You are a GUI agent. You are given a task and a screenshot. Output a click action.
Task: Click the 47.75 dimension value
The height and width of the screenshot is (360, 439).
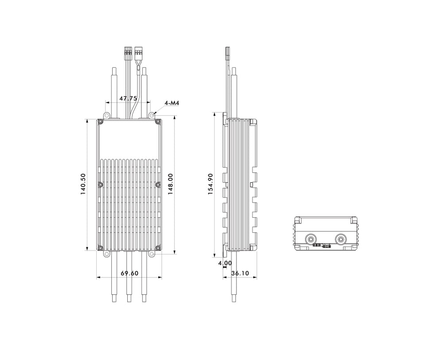pyautogui.click(x=128, y=98)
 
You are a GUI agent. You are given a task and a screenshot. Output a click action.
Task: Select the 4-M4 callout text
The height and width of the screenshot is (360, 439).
pyautogui.click(x=172, y=103)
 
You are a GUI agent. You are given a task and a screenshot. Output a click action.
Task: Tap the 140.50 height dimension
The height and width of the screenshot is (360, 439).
pyautogui.click(x=83, y=184)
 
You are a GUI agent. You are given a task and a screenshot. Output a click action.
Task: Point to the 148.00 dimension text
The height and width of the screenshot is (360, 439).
pyautogui.click(x=171, y=184)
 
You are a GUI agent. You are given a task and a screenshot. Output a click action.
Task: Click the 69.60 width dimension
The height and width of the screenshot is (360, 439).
pyautogui.click(x=129, y=273)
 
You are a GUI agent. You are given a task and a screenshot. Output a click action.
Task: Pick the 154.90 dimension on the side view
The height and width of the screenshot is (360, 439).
pyautogui.click(x=210, y=184)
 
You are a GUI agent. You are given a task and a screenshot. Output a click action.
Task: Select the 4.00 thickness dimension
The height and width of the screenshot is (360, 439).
pyautogui.click(x=225, y=263)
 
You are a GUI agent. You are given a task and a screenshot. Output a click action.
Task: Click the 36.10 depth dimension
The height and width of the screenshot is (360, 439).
pyautogui.click(x=240, y=273)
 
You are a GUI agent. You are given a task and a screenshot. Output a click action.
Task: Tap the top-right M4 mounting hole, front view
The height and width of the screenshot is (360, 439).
pyautogui.click(x=152, y=115)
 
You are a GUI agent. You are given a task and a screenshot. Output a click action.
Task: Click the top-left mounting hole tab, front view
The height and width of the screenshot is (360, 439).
pyautogui.click(x=106, y=115)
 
